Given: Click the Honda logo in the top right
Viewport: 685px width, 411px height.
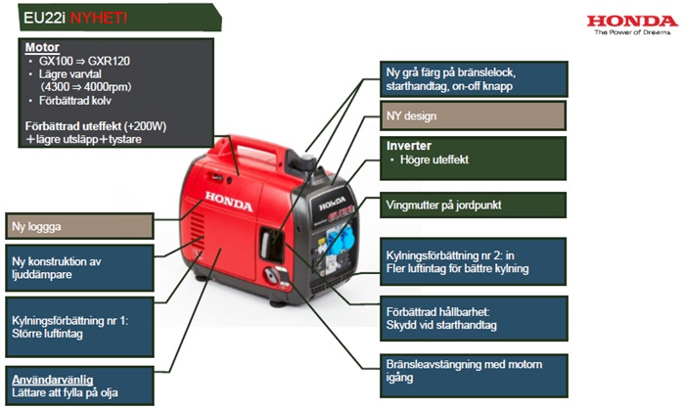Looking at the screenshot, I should (632, 22).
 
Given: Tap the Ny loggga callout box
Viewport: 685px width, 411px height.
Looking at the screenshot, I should (78, 226).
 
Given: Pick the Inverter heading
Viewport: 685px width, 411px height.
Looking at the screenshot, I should (409, 146).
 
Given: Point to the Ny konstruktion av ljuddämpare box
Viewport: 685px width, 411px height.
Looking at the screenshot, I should (78, 268).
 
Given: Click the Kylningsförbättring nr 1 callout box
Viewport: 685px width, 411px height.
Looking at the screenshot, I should (78, 329).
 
